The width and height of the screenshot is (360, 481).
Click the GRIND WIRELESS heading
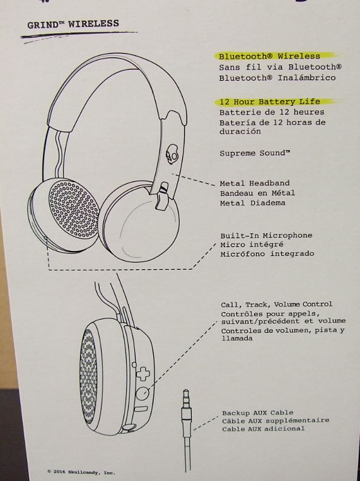click(x=73, y=24)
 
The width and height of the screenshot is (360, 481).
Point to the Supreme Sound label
click(x=255, y=153)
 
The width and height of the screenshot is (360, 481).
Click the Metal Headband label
click(x=255, y=183)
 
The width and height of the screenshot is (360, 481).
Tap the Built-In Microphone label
click(x=266, y=236)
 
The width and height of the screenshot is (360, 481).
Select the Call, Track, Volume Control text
click(x=277, y=304)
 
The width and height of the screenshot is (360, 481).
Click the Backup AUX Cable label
click(x=258, y=413)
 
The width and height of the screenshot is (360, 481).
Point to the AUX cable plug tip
click(x=186, y=392)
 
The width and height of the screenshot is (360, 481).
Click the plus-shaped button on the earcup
click(x=143, y=374)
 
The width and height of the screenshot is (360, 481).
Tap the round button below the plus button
click(x=142, y=393)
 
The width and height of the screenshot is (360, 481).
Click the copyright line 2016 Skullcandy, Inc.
click(x=81, y=472)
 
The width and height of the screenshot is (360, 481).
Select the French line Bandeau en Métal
click(x=257, y=194)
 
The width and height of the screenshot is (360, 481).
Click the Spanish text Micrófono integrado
click(x=267, y=253)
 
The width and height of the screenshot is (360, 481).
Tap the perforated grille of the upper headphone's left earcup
click(x=74, y=209)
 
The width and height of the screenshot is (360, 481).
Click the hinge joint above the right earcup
click(x=162, y=196)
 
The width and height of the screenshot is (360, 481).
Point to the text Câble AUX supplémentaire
click(x=276, y=420)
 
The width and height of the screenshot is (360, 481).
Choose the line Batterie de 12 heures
click(x=272, y=112)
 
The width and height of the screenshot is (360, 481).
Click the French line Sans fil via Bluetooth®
click(x=280, y=67)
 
